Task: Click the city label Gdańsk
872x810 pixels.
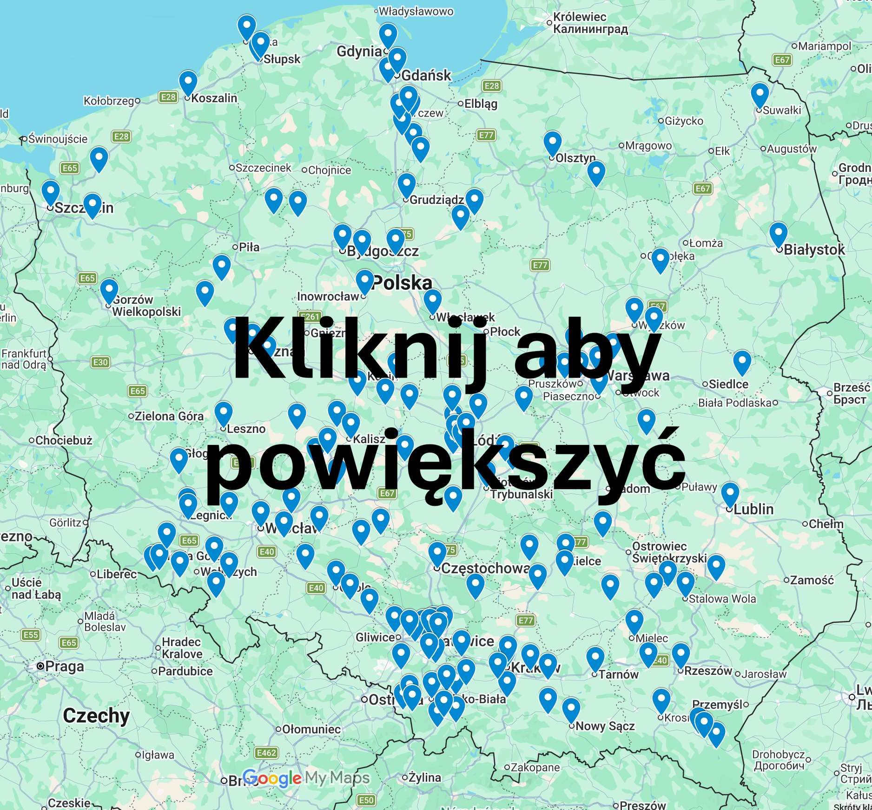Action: coord(426,75)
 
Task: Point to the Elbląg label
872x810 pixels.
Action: coord(481,104)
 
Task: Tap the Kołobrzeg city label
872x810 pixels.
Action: coord(109,101)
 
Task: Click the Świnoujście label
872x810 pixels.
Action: coord(58,139)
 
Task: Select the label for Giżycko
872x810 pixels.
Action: coord(684,121)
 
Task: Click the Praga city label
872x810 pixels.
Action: coord(65,666)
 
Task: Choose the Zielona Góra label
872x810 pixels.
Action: coord(169,416)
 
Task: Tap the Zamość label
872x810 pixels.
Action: coord(812,580)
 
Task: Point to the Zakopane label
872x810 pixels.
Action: coord(535,767)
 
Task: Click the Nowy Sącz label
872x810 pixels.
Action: coord(605,726)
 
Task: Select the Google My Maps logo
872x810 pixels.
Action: coord(306,777)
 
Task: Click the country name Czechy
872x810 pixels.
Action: coord(96,716)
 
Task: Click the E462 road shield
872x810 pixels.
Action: coord(266,753)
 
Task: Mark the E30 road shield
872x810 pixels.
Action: coord(100,362)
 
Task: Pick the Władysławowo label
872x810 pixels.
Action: coord(416,11)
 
